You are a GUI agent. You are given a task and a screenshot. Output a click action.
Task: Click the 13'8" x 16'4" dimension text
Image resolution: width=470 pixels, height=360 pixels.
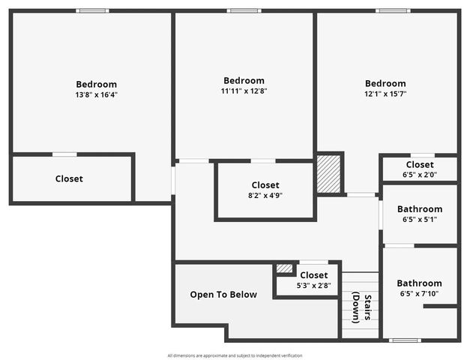pyautogui.click(x=96, y=95)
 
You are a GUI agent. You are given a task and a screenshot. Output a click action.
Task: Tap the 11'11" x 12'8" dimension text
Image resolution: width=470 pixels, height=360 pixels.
pyautogui.click(x=244, y=91)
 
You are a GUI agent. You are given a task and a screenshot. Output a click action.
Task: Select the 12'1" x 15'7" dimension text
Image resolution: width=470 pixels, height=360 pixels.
pyautogui.click(x=385, y=94)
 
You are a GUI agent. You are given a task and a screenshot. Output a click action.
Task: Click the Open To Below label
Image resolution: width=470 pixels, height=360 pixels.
pyautogui.click(x=223, y=295)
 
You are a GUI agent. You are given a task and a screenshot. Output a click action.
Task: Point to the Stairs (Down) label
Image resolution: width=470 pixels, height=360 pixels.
pyautogui.click(x=362, y=307)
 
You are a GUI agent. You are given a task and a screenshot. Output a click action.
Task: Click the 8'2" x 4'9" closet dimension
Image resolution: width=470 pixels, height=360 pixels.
pyautogui.click(x=265, y=195)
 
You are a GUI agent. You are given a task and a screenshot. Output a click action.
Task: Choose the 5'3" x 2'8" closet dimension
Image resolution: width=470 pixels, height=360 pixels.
pyautogui.click(x=313, y=285)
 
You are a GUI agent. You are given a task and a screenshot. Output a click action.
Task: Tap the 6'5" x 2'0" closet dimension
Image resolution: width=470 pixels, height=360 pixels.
pyautogui.click(x=420, y=175)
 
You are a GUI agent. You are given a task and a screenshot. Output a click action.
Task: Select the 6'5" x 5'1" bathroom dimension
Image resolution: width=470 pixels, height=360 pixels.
pyautogui.click(x=420, y=220)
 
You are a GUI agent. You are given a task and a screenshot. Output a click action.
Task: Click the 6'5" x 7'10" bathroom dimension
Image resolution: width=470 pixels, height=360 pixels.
pyautogui.click(x=420, y=293)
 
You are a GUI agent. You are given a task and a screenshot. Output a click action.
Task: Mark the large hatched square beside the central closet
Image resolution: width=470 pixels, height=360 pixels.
pyautogui.click(x=328, y=174)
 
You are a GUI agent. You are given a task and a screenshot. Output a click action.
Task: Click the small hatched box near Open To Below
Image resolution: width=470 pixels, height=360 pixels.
pyautogui.click(x=285, y=268)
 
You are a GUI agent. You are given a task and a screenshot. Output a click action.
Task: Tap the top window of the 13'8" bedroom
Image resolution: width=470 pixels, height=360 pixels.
pyautogui.click(x=93, y=10)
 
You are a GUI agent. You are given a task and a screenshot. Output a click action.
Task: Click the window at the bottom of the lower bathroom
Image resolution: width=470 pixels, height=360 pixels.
pyautogui.click(x=406, y=340)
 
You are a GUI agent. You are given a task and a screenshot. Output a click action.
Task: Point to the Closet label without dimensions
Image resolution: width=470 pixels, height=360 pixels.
pyautogui.click(x=69, y=179)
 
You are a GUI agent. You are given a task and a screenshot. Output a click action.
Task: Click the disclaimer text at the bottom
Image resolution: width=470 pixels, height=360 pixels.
pyautogui.click(x=235, y=355)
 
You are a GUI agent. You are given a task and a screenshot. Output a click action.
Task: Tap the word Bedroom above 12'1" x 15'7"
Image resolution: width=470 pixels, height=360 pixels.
pyautogui.click(x=385, y=83)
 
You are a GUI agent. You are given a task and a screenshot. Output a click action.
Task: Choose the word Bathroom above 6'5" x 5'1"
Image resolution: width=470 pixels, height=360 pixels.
pyautogui.click(x=420, y=209)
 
